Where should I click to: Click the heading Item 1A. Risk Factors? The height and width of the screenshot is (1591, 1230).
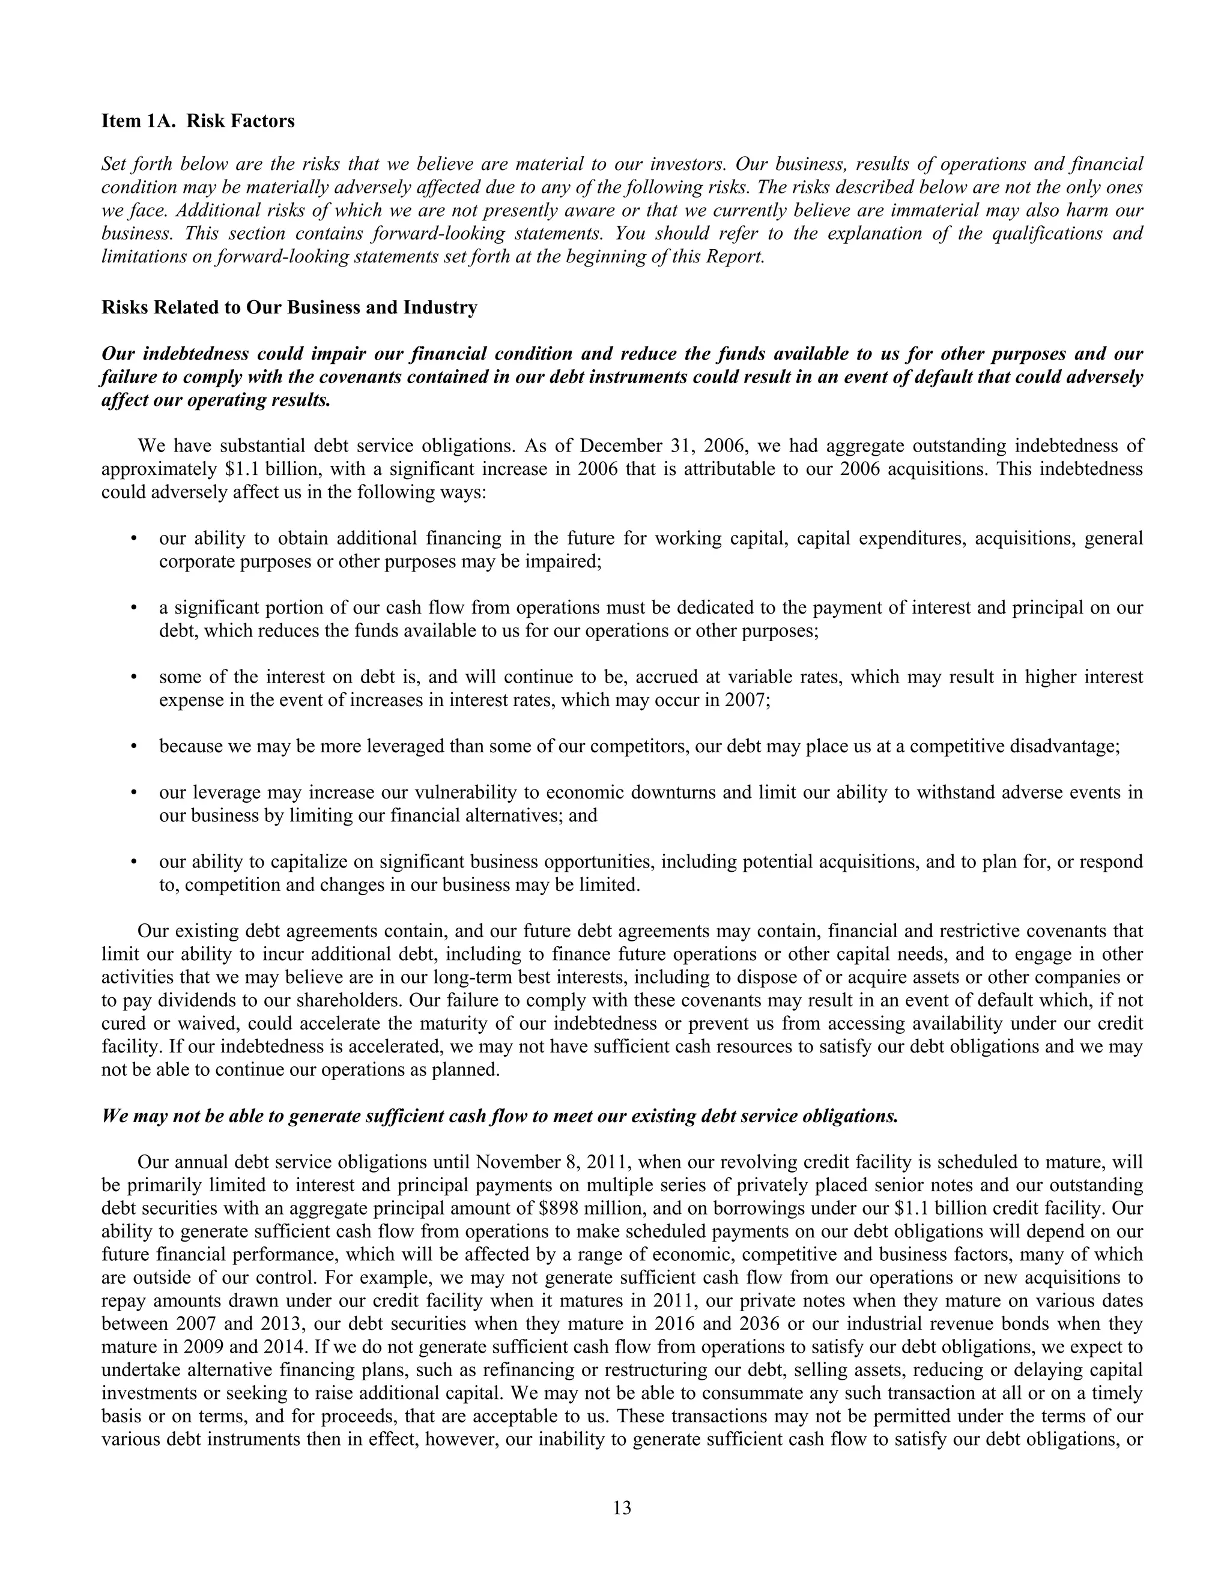[x=198, y=121]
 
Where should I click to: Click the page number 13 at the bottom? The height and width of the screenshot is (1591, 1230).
[x=622, y=1503]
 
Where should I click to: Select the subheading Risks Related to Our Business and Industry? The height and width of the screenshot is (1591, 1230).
[x=289, y=307]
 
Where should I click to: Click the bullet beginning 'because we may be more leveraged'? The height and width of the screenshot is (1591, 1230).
[x=638, y=747]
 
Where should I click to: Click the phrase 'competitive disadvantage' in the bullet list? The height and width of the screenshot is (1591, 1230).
[x=1013, y=747]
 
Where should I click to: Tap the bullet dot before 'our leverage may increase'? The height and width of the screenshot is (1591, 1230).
[x=133, y=792]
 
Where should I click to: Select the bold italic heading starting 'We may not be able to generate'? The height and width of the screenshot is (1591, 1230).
[x=499, y=1117]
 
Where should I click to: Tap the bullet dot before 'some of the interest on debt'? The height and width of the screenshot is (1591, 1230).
[x=133, y=677]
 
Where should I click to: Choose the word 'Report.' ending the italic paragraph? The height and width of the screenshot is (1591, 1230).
[x=735, y=257]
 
